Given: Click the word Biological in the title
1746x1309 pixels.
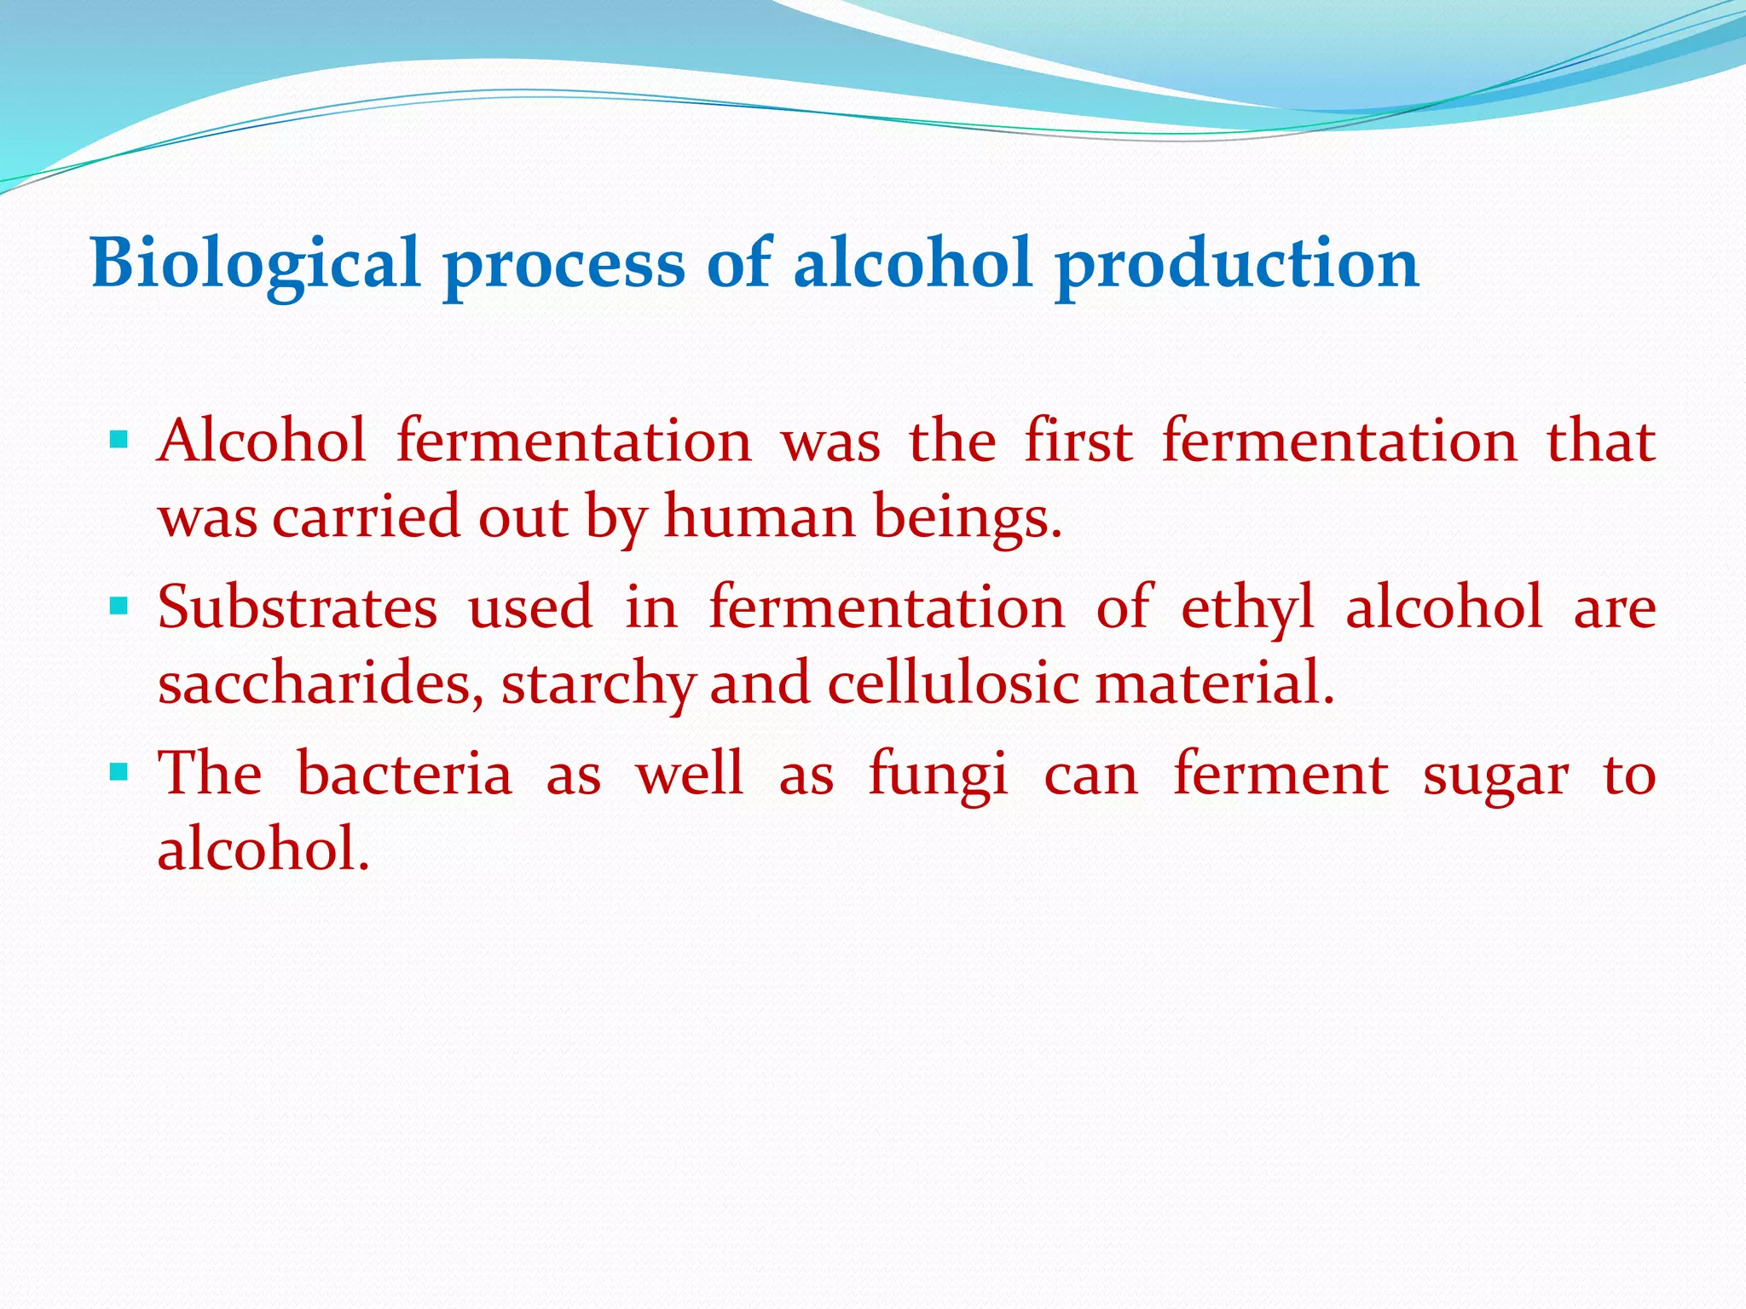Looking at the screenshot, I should [256, 262].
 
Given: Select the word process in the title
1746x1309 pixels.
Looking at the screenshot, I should [564, 262].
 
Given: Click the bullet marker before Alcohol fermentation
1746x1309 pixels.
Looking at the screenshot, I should [119, 441].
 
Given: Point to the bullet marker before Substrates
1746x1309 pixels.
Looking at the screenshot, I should [119, 607].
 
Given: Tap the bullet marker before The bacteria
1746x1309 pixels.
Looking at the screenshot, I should [119, 773].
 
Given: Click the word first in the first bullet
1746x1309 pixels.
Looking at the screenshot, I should [1078, 441].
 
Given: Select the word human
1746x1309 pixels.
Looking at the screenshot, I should [759, 517].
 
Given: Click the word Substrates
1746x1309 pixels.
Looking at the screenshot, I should [298, 608].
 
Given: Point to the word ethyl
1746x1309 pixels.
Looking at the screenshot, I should [1247, 608].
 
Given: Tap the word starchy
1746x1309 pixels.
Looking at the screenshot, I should [598, 683].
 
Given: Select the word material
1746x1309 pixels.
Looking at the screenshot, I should [1213, 683].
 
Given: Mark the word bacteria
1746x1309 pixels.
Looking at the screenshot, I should [404, 774].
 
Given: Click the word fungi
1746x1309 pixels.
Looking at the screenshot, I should [938, 774].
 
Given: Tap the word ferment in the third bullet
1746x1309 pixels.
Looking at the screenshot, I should [1281, 774].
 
